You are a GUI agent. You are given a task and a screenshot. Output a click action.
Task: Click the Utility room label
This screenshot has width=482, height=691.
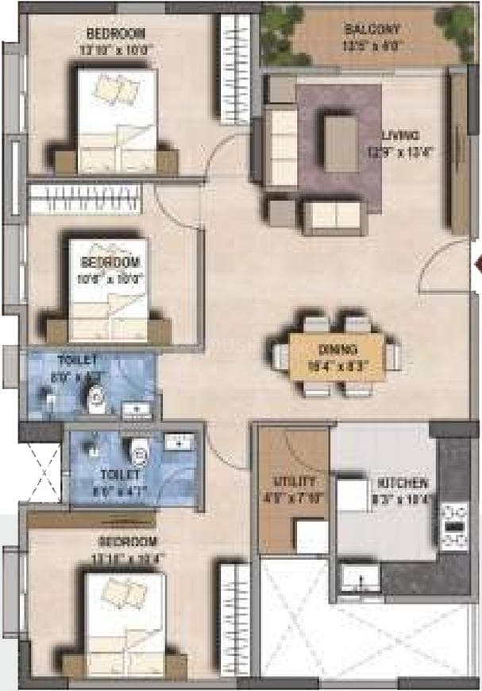295,483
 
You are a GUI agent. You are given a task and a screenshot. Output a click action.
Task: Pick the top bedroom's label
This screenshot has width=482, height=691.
116,33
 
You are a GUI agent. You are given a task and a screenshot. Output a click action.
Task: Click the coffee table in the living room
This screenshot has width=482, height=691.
340,143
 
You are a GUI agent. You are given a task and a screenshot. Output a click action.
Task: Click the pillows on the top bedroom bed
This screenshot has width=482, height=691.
114,88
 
